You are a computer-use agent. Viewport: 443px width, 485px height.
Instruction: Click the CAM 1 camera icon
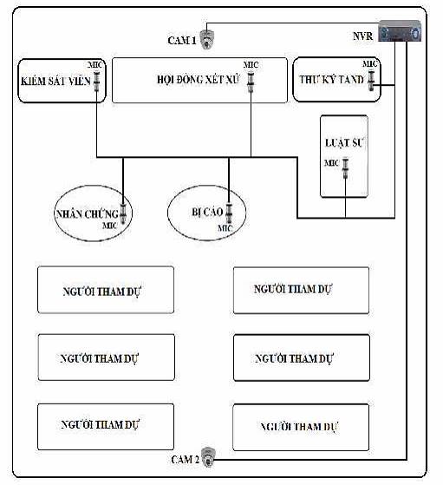207,40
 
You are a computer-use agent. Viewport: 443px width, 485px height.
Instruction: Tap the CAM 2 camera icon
208,457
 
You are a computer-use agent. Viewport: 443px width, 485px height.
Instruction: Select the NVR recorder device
400,31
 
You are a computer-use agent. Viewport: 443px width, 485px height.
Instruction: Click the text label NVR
363,36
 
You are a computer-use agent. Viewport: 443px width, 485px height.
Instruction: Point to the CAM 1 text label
182,40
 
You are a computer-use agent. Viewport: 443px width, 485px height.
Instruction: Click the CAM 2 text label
186,459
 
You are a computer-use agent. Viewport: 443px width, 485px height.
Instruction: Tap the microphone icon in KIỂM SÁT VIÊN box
97,82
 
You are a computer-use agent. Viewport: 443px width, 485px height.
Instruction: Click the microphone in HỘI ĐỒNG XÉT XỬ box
251,82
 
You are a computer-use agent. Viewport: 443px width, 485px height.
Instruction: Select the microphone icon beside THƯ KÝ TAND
371,81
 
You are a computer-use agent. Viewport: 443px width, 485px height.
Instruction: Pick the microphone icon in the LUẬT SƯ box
345,168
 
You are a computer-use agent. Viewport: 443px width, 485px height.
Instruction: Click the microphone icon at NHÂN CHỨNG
123,213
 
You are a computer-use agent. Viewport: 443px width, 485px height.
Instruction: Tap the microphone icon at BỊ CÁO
229,213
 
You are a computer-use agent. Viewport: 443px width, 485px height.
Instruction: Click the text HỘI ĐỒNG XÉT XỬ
199,80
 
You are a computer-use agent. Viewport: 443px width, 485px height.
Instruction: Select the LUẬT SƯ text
344,142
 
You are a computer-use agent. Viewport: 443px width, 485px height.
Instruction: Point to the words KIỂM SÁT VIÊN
55,82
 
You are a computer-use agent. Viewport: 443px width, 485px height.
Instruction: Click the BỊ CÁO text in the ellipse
207,213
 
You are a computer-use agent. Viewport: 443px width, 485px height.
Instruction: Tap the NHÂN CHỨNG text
88,213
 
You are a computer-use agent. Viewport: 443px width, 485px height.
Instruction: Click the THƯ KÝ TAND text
331,80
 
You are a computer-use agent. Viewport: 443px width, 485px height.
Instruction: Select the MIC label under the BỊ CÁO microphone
225,228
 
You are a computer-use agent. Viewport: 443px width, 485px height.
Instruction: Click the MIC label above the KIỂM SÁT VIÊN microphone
95,65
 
